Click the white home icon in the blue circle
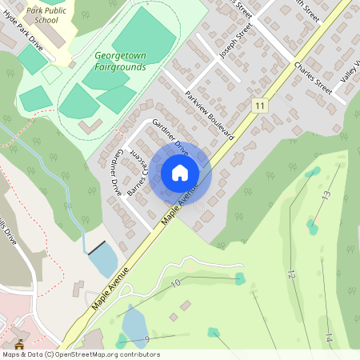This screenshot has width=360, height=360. [x=180, y=173]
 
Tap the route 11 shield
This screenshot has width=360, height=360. [x=258, y=106]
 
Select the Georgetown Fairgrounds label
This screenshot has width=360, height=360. [x=120, y=62]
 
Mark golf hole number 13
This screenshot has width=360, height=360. [x=326, y=195]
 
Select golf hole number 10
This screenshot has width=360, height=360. [x=176, y=282]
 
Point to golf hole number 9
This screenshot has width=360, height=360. [x=148, y=340]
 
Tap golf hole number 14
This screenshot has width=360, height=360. [x=329, y=338]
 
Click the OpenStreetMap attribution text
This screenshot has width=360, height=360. [x=80, y=354]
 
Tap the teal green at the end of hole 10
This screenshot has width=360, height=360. [x=240, y=278]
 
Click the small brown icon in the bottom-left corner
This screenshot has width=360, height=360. [x=18, y=345]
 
